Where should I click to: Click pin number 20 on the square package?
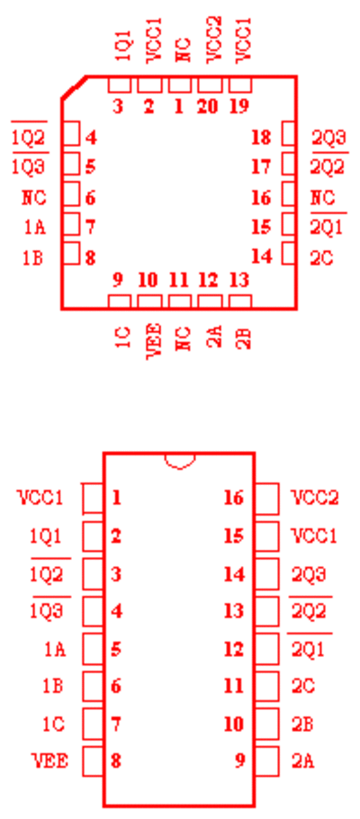(x=209, y=107)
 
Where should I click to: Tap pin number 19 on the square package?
(x=239, y=107)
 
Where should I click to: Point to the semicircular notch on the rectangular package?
(x=180, y=461)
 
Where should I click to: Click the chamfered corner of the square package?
(x=74, y=87)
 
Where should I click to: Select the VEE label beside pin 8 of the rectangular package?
(x=50, y=761)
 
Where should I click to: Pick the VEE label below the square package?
(x=154, y=340)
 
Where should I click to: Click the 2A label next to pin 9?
(x=303, y=761)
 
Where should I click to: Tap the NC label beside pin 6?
(x=34, y=199)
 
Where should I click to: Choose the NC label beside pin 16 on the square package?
(x=323, y=199)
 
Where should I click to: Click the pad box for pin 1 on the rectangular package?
(x=93, y=499)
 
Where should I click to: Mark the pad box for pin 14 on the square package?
(x=288, y=253)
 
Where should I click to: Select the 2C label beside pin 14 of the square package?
(x=322, y=258)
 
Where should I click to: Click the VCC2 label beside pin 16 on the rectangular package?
(x=315, y=498)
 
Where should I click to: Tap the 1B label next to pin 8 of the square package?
(x=32, y=258)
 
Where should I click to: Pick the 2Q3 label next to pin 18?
(x=329, y=139)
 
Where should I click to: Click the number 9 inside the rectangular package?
(x=239, y=761)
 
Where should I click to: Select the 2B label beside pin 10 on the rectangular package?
(x=302, y=724)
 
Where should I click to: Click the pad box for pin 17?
(x=288, y=164)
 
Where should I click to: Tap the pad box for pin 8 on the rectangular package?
(x=93, y=761)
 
